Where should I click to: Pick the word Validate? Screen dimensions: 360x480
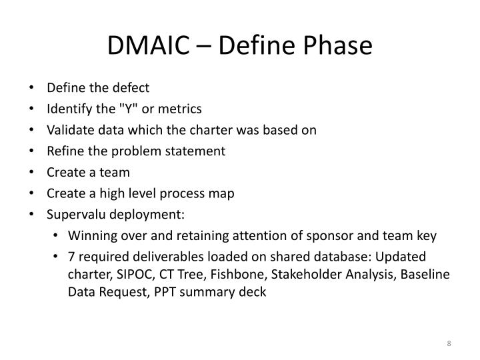(66, 130)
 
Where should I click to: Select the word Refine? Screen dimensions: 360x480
(62, 151)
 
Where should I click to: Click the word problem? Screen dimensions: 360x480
(127, 151)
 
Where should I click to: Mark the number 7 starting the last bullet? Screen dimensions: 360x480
(71, 257)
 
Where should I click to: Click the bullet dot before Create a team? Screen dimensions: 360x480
(33, 173)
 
